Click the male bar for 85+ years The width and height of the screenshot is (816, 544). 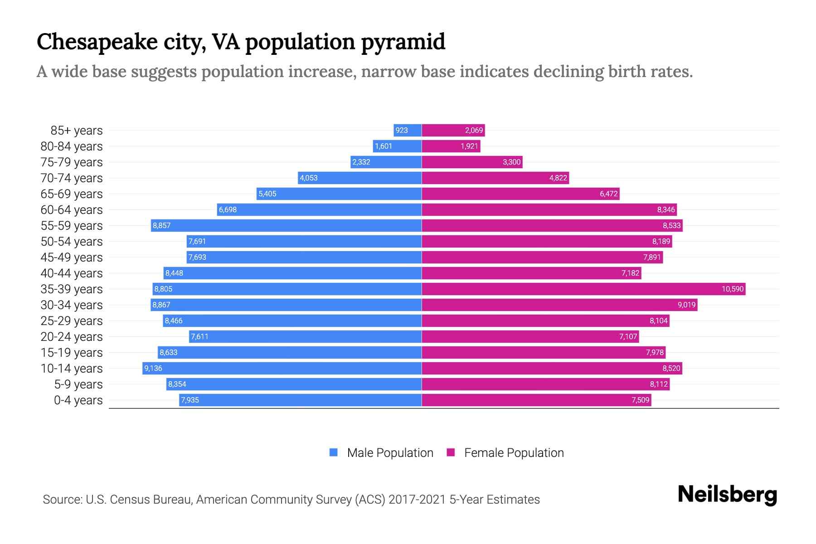(x=408, y=131)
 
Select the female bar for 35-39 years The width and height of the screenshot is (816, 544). (x=583, y=289)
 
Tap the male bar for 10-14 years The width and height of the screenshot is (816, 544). (x=282, y=369)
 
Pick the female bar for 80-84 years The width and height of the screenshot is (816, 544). (x=451, y=146)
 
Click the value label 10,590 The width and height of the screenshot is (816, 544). (x=733, y=289)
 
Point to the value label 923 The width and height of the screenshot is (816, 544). (x=402, y=131)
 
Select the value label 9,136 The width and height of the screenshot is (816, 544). (x=153, y=369)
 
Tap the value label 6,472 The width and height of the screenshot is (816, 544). (x=608, y=194)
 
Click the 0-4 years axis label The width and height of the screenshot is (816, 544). (x=78, y=400)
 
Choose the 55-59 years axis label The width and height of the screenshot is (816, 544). (x=72, y=226)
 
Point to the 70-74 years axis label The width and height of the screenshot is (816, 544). (x=72, y=178)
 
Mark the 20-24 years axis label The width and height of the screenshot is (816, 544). (x=72, y=337)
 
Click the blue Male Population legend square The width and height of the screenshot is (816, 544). (x=334, y=452)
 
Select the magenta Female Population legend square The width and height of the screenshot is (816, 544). (x=451, y=452)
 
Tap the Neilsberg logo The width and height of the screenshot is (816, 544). (x=727, y=495)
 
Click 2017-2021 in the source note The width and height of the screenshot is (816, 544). (x=417, y=500)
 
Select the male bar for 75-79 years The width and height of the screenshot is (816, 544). (x=386, y=162)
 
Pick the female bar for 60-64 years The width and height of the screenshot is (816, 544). (x=549, y=210)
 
